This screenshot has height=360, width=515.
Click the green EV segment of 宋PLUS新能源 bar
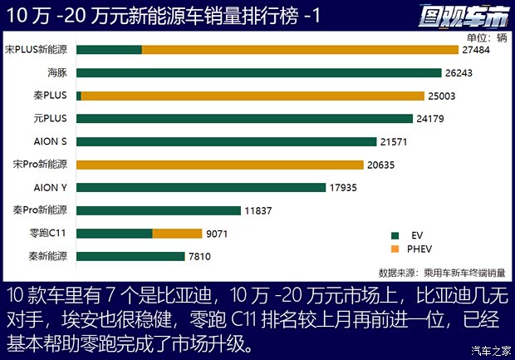coord(109,50)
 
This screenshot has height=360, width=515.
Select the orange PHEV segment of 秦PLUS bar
coord(247,96)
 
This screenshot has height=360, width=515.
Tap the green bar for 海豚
coord(247,73)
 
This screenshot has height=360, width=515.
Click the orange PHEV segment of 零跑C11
coord(177,234)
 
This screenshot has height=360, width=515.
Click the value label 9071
coord(219,234)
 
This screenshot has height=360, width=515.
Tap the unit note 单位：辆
coord(486,37)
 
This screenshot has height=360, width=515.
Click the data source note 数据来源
coord(441,272)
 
